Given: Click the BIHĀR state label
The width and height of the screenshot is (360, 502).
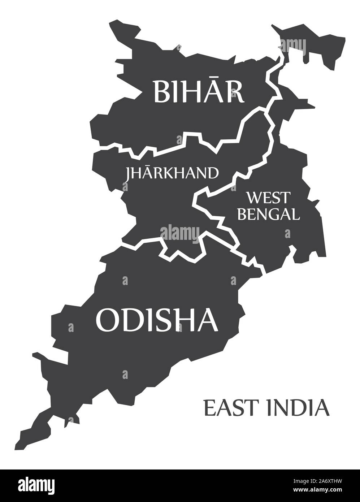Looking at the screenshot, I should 199,91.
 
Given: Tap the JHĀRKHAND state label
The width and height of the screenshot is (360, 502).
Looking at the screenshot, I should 172,173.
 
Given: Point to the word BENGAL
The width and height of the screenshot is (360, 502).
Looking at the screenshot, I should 269,214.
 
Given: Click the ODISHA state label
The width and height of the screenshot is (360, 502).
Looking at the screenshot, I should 157,320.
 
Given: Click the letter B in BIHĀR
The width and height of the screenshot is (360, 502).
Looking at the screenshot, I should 161,92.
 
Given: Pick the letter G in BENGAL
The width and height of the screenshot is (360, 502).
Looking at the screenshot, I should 275,214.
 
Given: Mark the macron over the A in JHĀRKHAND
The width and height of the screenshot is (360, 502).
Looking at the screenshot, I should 148,168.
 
